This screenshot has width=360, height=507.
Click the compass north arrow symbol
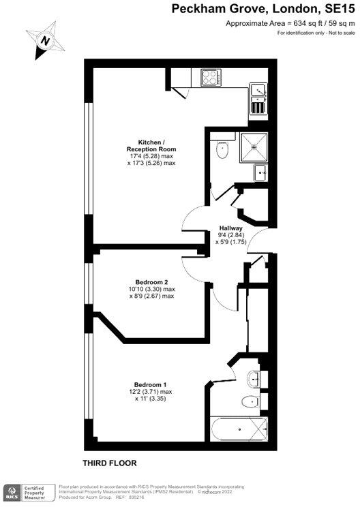(x=46, y=40)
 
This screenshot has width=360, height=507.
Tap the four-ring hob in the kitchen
(x=211, y=78)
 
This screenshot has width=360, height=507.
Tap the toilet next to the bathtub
(x=249, y=401)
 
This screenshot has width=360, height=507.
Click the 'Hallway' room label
(x=230, y=228)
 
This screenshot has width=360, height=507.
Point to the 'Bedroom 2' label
(x=151, y=282)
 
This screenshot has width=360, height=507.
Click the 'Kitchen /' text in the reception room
(x=151, y=142)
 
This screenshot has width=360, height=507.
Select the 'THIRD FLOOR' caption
(x=110, y=463)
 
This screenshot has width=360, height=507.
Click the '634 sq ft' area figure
(x=298, y=23)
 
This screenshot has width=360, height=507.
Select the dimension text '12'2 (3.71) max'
(x=151, y=392)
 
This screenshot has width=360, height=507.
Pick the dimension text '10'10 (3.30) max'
(x=151, y=290)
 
